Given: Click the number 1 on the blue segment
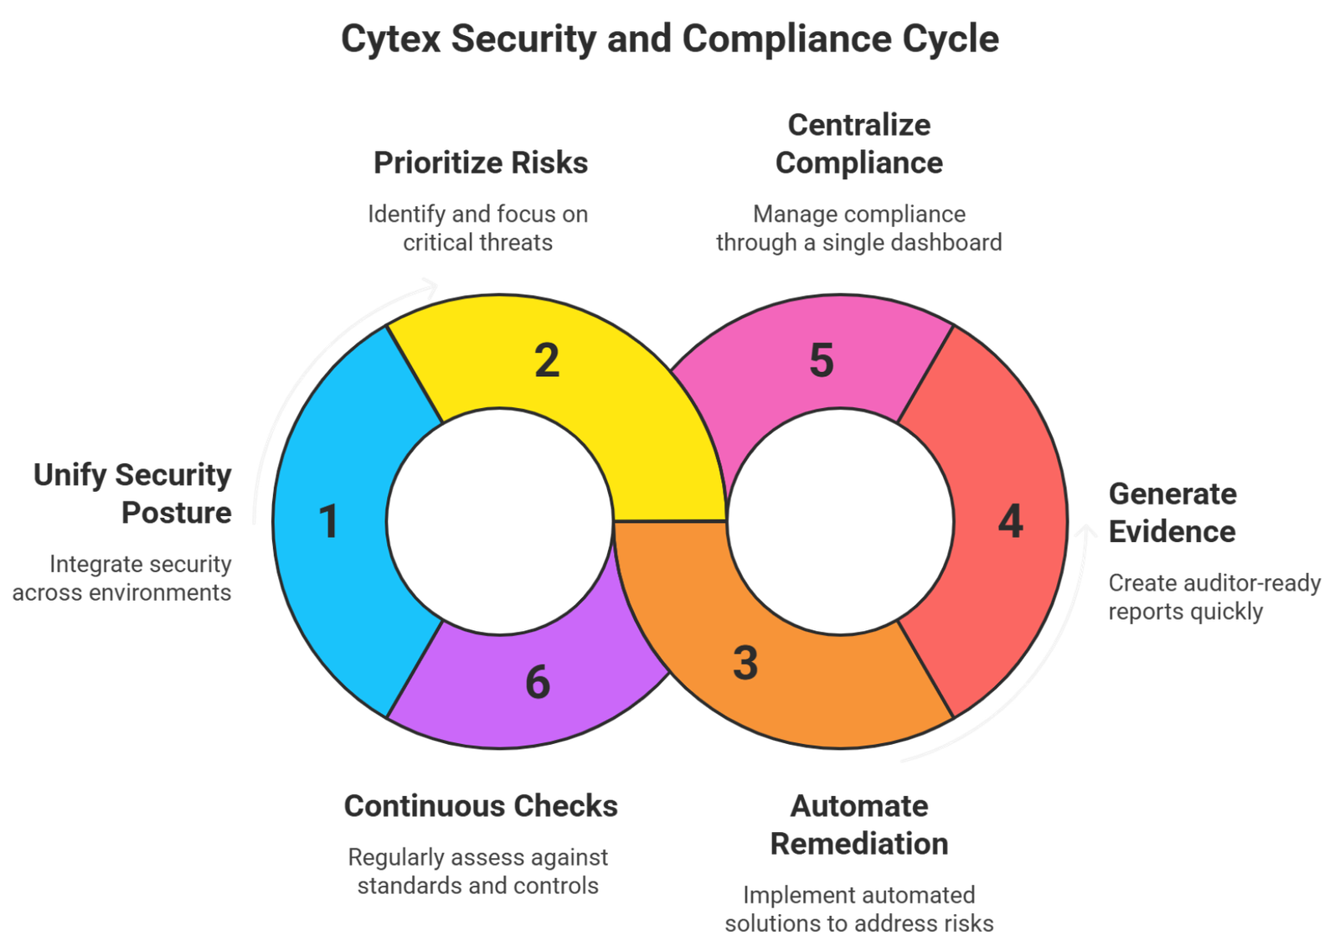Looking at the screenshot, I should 329,522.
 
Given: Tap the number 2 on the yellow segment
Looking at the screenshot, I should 547,360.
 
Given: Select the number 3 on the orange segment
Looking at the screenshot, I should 745,664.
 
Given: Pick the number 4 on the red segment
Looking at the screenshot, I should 1011,522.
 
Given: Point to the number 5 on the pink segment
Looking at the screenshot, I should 822,360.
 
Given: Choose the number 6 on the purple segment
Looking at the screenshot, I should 538,682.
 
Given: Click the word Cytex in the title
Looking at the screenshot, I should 390,39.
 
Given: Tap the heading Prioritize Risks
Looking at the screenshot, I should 481,163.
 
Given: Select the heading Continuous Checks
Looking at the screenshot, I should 481,806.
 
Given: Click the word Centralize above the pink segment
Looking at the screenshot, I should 859,125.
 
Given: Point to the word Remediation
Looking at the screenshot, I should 859,844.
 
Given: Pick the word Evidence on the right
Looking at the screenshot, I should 1172,532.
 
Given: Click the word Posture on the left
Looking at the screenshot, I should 176,513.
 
